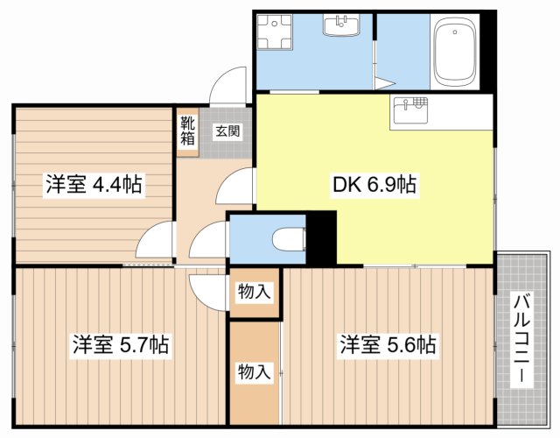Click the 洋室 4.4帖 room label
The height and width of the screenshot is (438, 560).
pyautogui.click(x=94, y=185)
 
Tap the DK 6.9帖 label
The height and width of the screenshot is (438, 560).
pyautogui.click(x=374, y=185)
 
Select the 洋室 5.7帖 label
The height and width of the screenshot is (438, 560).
pyautogui.click(x=121, y=344)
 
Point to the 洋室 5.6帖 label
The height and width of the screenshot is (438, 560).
pyautogui.click(x=388, y=344)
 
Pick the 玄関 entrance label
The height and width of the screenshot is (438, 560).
pyautogui.click(x=229, y=131)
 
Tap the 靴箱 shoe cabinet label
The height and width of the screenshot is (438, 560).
pyautogui.click(x=188, y=130)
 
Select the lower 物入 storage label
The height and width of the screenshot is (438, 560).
pyautogui.click(x=254, y=371)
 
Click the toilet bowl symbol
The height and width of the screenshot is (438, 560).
pyautogui.click(x=286, y=237)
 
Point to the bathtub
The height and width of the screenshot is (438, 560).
pyautogui.click(x=454, y=54)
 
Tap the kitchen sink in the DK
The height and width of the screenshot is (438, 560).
pyautogui.click(x=410, y=111)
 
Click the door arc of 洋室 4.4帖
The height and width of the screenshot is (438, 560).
pyautogui.click(x=155, y=238)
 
